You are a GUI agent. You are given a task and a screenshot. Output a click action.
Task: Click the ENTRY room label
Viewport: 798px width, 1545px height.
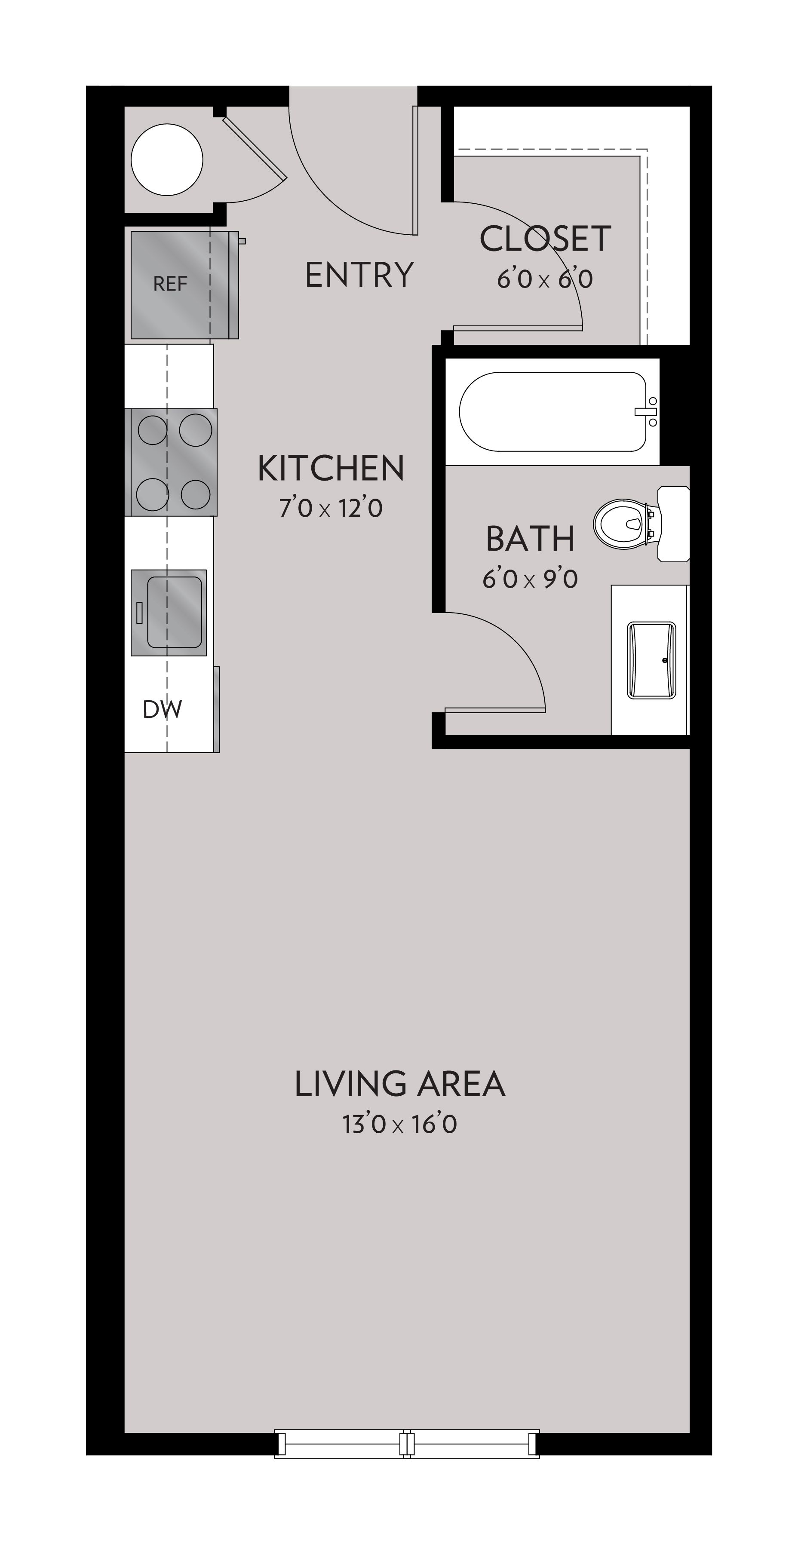[359, 275]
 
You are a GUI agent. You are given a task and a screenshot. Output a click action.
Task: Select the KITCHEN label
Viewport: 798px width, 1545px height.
[331, 469]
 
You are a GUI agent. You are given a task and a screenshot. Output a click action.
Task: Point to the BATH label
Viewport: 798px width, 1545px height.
[530, 539]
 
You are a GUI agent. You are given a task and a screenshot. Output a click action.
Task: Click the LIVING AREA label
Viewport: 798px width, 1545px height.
[399, 1084]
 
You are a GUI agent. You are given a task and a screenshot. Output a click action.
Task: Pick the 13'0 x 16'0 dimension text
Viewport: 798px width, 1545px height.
[399, 1125]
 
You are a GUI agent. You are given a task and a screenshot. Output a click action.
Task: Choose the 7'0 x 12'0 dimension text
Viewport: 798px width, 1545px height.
[331, 509]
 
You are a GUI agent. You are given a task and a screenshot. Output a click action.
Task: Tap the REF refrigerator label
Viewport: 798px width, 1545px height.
[170, 284]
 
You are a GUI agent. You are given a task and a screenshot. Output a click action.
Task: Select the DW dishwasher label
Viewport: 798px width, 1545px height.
[162, 710]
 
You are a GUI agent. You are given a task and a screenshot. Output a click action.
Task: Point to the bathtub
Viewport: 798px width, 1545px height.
[552, 411]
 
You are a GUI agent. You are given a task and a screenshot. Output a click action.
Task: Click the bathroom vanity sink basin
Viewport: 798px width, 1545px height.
[651, 660]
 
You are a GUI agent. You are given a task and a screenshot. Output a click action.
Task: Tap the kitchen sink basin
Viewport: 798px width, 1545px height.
[174, 612]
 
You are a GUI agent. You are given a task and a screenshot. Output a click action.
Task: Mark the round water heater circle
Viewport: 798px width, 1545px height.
[167, 159]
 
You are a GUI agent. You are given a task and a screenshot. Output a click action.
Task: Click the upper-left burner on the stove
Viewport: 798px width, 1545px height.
[152, 429]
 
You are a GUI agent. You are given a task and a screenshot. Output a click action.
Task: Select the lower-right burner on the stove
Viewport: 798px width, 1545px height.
[196, 494]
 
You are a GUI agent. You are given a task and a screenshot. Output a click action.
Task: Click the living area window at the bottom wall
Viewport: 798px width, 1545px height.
[407, 1451]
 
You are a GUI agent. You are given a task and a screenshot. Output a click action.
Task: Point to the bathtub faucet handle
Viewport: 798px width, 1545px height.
[646, 411]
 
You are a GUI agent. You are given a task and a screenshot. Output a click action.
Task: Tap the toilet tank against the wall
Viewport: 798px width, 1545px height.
[673, 524]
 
